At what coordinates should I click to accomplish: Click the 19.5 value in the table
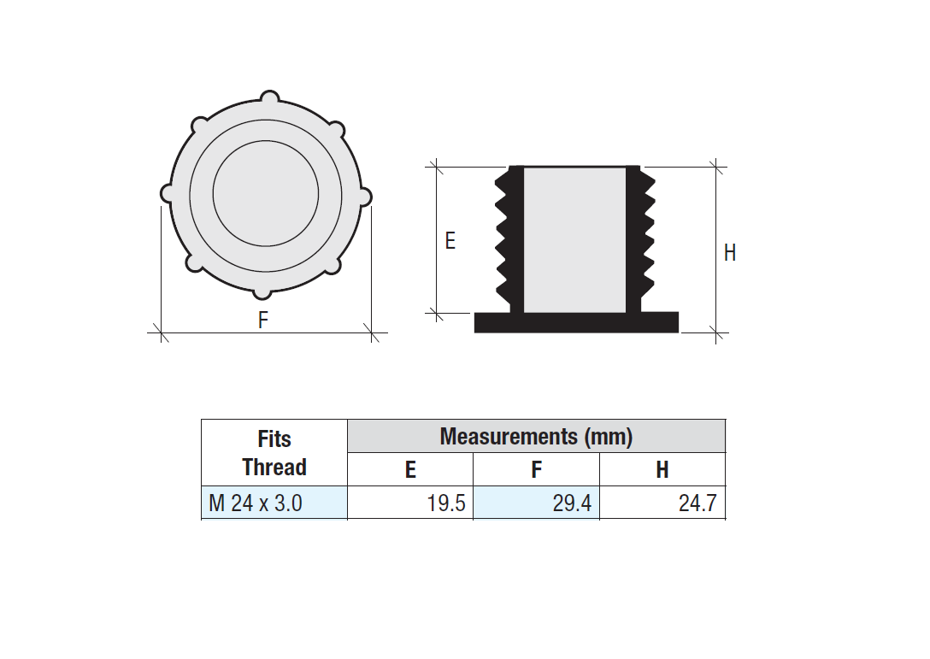pos(446,503)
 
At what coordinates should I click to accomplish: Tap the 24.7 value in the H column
pos(697,503)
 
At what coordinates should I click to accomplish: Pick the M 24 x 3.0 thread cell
pos(256,503)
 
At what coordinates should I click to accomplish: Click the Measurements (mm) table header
pos(536,437)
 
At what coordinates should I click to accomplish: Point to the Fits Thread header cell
pos(274,453)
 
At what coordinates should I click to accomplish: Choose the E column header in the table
pos(410,470)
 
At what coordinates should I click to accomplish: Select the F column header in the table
pos(536,470)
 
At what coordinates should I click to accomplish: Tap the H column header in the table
pos(662,470)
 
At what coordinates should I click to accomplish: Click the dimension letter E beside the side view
pos(450,241)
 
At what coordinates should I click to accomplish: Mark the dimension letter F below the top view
pos(263,321)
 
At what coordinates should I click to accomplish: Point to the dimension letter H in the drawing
pos(730,253)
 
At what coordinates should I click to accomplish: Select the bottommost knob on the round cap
pos(262,291)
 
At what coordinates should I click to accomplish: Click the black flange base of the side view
pos(576,322)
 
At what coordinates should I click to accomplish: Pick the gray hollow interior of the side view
pos(574,239)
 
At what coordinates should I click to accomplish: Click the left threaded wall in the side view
pos(509,239)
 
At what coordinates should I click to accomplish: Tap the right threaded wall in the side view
pos(640,239)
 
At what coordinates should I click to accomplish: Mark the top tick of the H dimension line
pos(716,166)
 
